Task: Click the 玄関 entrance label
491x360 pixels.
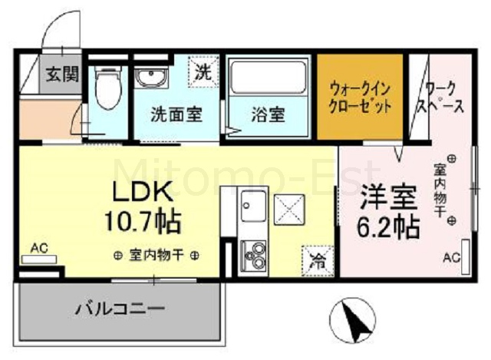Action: click(62, 74)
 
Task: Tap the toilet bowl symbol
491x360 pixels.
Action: click(108, 88)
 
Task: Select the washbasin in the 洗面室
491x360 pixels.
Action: click(151, 78)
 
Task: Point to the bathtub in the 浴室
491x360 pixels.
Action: click(268, 77)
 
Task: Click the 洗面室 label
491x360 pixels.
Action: click(176, 114)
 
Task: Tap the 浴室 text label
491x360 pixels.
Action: click(269, 114)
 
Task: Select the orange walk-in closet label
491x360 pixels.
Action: click(360, 97)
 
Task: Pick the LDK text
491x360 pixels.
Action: click(143, 192)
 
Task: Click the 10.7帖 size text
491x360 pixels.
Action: click(143, 222)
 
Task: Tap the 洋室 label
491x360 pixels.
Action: click(388, 197)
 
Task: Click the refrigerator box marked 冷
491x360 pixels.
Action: click(318, 261)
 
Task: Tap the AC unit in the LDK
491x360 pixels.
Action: click(39, 259)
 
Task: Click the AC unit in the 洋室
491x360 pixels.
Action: click(466, 256)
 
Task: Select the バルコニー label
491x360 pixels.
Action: click(120, 309)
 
